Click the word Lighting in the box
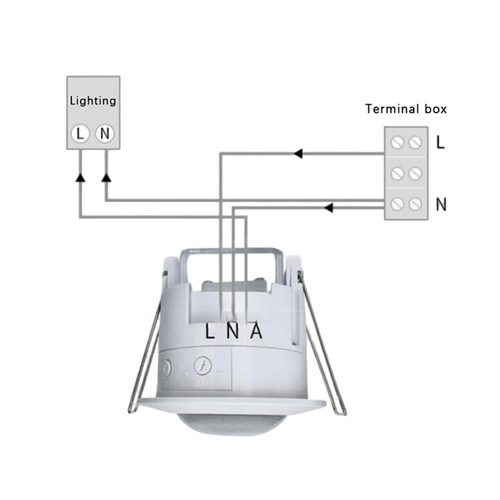coord(93,101)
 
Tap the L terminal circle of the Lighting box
coord(80,133)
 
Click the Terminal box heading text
coord(406,109)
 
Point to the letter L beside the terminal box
coord(441,142)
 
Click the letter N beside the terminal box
coord(441,204)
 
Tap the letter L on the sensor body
coord(211,332)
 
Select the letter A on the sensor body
coord(256,332)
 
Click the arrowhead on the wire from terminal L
coord(299,153)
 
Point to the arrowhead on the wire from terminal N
coord(329,207)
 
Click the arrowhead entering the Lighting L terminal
coord(80,177)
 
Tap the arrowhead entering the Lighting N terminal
coord(106,177)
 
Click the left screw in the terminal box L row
coord(396,143)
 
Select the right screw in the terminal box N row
coord(414,204)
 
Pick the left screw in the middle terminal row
coord(396,173)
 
